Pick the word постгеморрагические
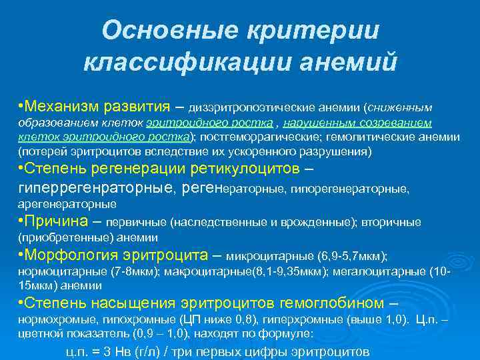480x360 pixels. (249, 137)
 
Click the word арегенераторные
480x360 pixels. (67, 203)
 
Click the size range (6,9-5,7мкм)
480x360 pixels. (353, 256)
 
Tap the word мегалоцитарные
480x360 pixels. (391, 273)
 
